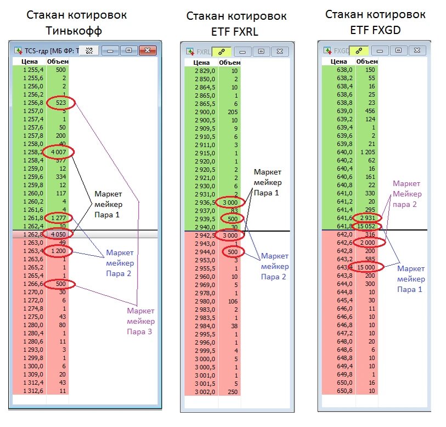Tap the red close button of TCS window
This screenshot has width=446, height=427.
pyautogui.click(x=146, y=50)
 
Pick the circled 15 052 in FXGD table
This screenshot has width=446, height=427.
pyautogui.click(x=368, y=225)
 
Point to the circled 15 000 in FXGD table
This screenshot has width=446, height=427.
pyautogui.click(x=368, y=267)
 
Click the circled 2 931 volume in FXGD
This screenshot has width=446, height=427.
pyautogui.click(x=368, y=218)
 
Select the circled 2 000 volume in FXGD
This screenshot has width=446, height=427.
pyautogui.click(x=368, y=243)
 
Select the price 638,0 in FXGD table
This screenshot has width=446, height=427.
pyautogui.click(x=344, y=70)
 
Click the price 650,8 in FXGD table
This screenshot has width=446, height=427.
pyautogui.click(x=344, y=391)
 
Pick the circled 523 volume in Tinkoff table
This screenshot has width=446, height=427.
pyautogui.click(x=60, y=103)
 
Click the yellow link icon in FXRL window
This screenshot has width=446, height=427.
pyautogui.click(x=222, y=51)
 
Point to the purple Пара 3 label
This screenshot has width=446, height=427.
pyautogui.click(x=141, y=331)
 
